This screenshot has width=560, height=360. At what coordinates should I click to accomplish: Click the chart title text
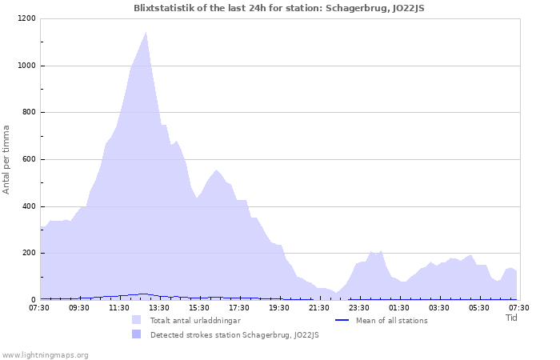point(280,7)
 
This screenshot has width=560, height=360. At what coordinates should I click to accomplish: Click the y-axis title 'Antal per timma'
point(7,158)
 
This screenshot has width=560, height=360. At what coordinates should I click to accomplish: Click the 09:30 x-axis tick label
point(79,307)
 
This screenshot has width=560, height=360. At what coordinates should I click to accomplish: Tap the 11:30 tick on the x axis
point(119,307)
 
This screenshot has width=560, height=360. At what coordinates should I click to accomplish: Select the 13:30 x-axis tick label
point(159,307)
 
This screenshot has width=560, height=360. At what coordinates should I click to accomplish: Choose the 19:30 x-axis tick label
point(279,307)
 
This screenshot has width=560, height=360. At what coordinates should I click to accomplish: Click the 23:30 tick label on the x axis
point(359,307)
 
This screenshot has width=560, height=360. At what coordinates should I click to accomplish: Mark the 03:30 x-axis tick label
point(439,307)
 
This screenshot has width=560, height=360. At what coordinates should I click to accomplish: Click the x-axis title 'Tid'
point(512,318)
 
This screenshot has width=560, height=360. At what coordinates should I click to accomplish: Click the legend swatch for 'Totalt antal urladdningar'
point(137,320)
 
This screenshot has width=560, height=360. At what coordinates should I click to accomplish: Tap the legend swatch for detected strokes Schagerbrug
point(137,334)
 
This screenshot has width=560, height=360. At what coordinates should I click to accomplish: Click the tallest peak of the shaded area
point(146,33)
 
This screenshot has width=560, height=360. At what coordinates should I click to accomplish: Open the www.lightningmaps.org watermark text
point(45,354)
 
